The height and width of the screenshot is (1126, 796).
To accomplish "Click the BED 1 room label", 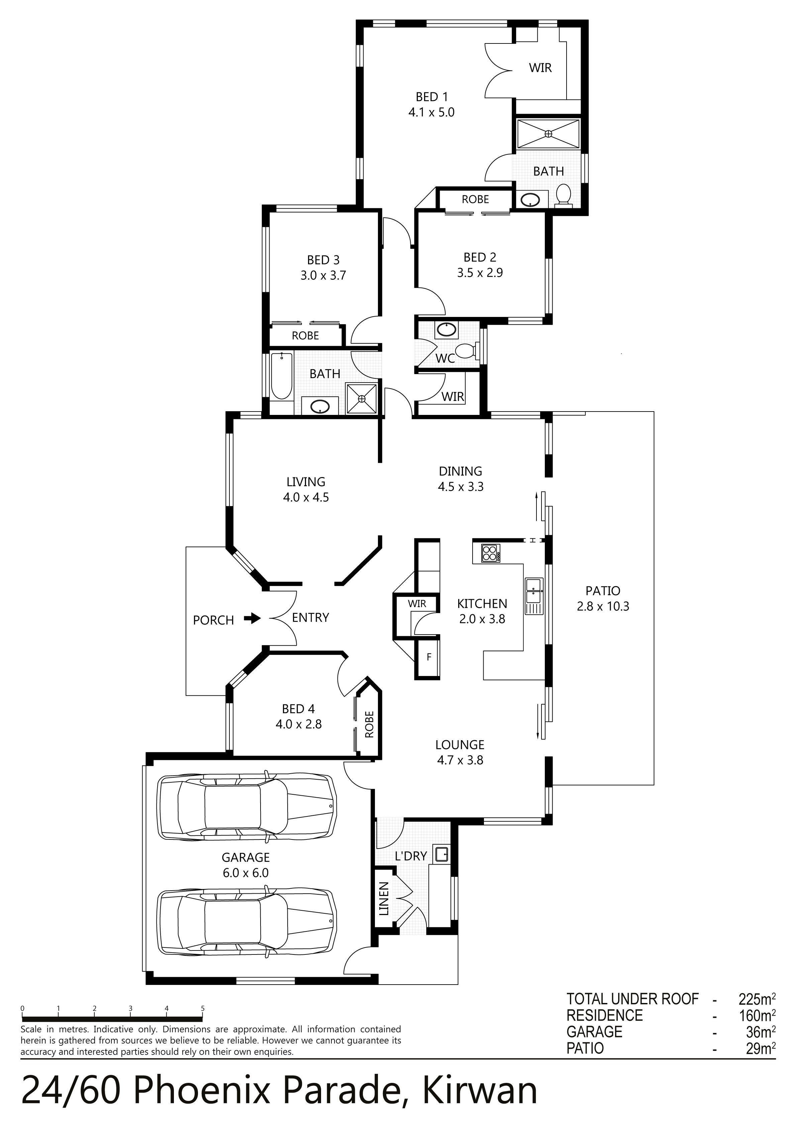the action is click(x=431, y=97).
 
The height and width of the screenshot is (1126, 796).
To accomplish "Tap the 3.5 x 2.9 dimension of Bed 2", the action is click(x=480, y=273).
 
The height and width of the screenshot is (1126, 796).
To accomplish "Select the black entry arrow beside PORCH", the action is click(x=253, y=618).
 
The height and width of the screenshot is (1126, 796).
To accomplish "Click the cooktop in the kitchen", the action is click(x=490, y=553).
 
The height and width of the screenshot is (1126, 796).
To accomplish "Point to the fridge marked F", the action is click(x=428, y=657).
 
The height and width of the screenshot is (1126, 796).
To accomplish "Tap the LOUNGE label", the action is click(x=460, y=745).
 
